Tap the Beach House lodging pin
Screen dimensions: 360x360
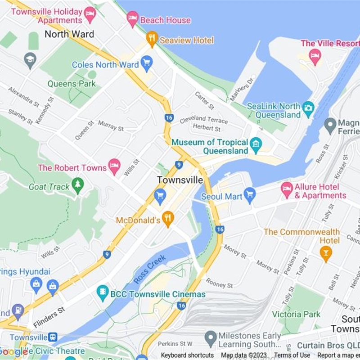(132, 18)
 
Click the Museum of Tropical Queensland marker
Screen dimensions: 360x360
(256, 144)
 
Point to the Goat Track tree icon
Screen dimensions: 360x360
(78, 185)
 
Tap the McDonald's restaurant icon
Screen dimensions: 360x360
(168, 219)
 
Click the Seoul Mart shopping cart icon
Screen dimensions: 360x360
(250, 195)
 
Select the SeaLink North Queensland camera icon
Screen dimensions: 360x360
(308, 108)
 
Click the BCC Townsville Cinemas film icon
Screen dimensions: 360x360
(103, 293)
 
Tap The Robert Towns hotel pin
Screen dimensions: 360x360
(114, 166)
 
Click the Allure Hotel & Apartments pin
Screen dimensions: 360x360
(287, 189)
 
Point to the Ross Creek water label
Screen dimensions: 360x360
(150, 269)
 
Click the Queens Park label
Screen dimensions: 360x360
(72, 84)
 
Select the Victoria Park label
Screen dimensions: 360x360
(296, 314)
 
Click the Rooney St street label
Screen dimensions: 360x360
(219, 283)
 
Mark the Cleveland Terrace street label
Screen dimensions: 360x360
(203, 120)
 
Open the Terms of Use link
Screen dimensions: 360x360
(292, 355)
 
